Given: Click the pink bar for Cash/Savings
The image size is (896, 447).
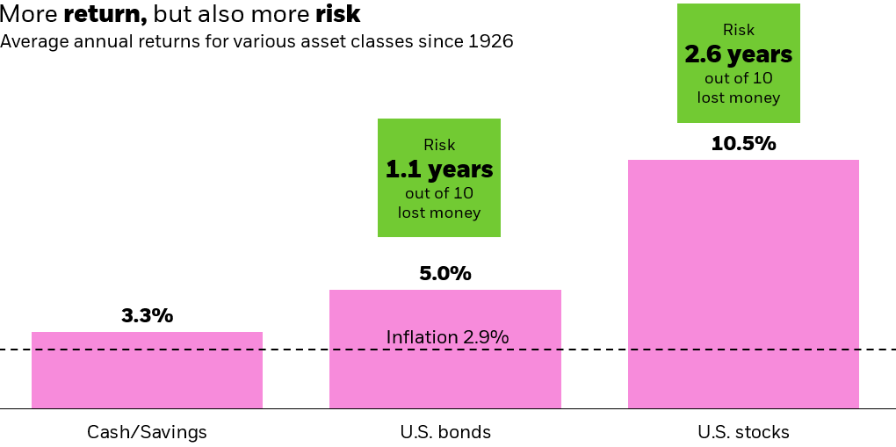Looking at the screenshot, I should point(147,370).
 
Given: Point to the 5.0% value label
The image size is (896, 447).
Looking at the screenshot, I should point(445,274).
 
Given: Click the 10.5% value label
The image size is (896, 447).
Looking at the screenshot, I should point(743,144).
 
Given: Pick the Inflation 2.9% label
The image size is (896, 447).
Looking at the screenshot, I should point(447,337).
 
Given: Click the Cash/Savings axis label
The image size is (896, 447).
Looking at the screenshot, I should point(147,432).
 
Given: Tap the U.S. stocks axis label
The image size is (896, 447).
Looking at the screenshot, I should point(743,432).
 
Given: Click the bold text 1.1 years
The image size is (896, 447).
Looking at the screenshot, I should point(439,169).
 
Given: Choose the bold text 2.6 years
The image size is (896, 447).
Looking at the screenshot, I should point(739,54).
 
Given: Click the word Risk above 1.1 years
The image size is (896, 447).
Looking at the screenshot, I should point(439,146).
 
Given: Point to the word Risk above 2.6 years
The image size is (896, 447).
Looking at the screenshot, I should point(739,30).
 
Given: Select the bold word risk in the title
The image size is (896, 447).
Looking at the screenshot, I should point(337,16).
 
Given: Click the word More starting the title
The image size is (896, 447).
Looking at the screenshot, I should point(29,16).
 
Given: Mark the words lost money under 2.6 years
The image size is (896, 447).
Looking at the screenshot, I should point(739,97).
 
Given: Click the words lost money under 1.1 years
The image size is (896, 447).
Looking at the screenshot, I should point(439,213).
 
